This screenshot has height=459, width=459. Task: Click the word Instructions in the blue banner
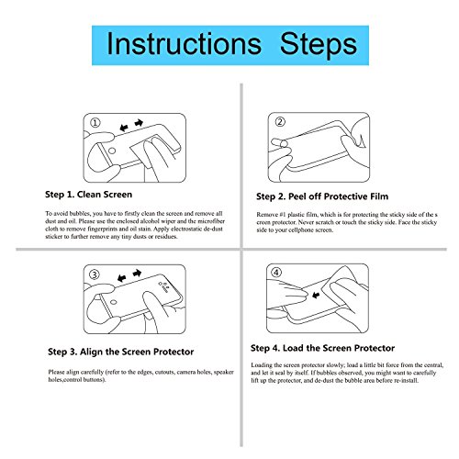(x=184, y=44)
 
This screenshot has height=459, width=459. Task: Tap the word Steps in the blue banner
(x=319, y=45)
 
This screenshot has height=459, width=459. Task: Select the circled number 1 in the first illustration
(x=95, y=123)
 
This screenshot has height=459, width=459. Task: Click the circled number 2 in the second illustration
(x=280, y=121)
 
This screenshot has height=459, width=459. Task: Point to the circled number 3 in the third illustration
(x=95, y=274)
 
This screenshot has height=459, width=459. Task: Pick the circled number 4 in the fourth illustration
(x=276, y=272)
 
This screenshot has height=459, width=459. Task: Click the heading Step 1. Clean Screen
(x=89, y=195)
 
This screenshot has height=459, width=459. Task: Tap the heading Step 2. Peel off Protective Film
(x=322, y=196)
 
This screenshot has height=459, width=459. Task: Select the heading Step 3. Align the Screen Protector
(x=121, y=352)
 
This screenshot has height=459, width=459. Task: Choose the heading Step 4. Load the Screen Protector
(x=322, y=348)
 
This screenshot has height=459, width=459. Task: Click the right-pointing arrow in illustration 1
(x=139, y=123)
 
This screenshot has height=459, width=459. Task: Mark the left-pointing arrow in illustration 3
(x=122, y=278)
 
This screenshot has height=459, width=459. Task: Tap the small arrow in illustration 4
(x=316, y=296)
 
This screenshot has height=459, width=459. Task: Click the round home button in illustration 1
(x=112, y=151)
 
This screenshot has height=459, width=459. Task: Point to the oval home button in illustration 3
(x=114, y=302)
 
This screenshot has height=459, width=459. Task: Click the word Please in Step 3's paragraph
(x=56, y=372)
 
